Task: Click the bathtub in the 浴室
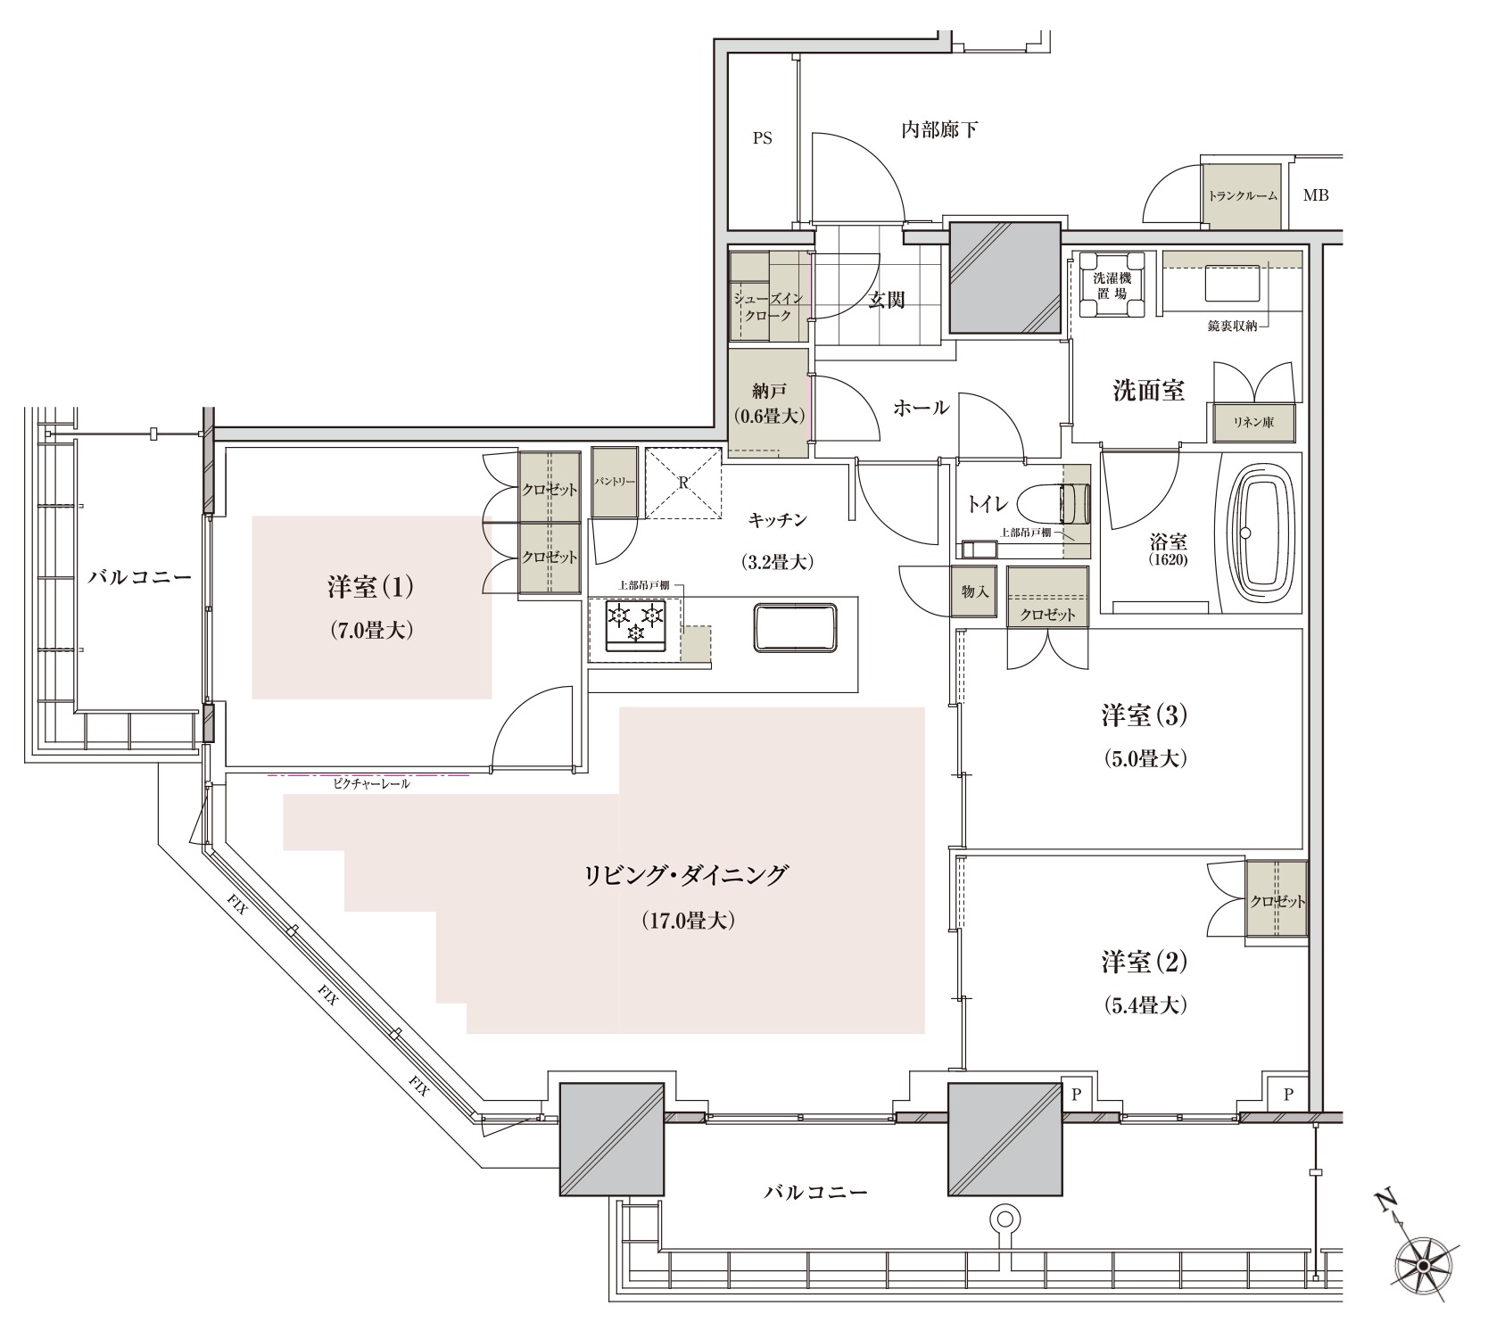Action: tap(1261, 533)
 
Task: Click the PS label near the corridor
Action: tap(762, 138)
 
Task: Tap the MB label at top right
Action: tap(1316, 194)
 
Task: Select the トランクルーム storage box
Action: tap(1243, 195)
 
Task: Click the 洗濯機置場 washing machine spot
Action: tap(1112, 284)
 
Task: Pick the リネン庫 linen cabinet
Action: tap(1253, 423)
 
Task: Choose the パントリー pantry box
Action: tap(615, 482)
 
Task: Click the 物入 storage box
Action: tap(974, 591)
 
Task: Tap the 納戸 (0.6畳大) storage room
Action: tap(769, 403)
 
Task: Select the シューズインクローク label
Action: tap(770, 306)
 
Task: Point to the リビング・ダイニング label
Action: tap(686, 874)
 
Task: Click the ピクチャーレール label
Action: tap(368, 784)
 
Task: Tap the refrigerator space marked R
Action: tap(683, 482)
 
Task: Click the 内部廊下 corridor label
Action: tap(939, 130)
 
